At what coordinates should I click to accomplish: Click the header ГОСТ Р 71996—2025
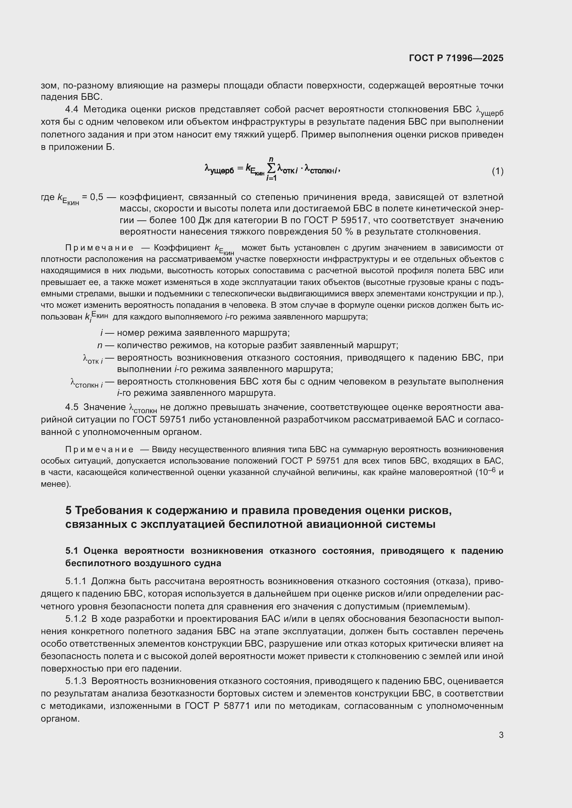coord(456,58)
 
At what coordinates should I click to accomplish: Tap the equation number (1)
coord(497,171)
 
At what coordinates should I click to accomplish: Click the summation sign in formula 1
coord(271,169)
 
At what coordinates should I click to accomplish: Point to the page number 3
coord(501,735)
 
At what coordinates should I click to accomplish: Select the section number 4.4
coord(72,110)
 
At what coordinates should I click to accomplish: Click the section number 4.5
coord(72,407)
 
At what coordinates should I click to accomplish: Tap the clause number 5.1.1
coord(76,581)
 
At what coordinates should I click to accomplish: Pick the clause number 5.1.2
coord(76,619)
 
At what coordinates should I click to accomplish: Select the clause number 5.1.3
coord(76,681)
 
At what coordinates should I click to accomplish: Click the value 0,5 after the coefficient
coord(96,197)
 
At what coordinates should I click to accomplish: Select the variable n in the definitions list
coord(100,345)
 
